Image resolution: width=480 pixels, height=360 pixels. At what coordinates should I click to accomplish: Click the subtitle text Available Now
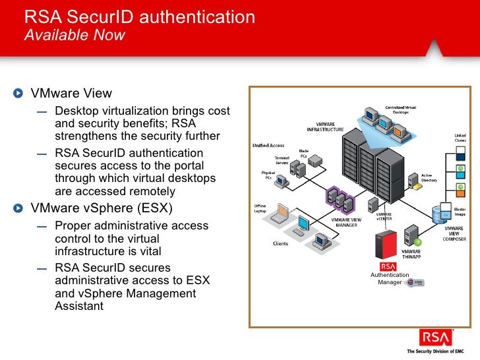(74, 35)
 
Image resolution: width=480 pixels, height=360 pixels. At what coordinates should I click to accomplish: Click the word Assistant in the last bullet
(80, 306)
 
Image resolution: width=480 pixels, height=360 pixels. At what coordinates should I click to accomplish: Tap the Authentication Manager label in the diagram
(389, 279)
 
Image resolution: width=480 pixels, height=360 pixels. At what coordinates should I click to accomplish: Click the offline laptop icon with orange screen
(282, 212)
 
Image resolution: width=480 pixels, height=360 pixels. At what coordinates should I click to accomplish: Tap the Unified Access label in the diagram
(268, 145)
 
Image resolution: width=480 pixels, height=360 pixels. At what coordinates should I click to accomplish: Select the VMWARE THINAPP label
(411, 254)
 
